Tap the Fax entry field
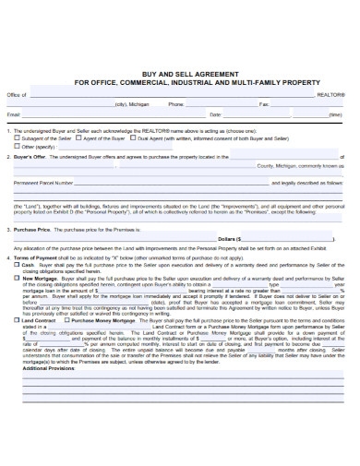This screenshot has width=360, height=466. [306, 104]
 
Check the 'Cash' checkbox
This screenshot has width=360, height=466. [17, 263]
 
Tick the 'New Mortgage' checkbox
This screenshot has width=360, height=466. [17, 278]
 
